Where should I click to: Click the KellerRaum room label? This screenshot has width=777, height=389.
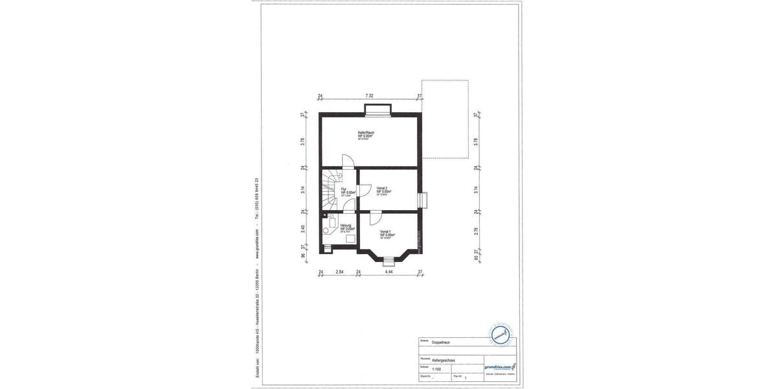366,134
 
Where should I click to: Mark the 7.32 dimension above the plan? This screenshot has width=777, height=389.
368,96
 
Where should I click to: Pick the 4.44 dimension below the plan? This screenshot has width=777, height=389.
388,273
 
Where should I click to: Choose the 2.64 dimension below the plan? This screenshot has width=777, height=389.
339,273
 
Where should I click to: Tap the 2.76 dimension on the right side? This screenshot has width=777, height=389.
476,230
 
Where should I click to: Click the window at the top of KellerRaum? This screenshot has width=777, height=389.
377,110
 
